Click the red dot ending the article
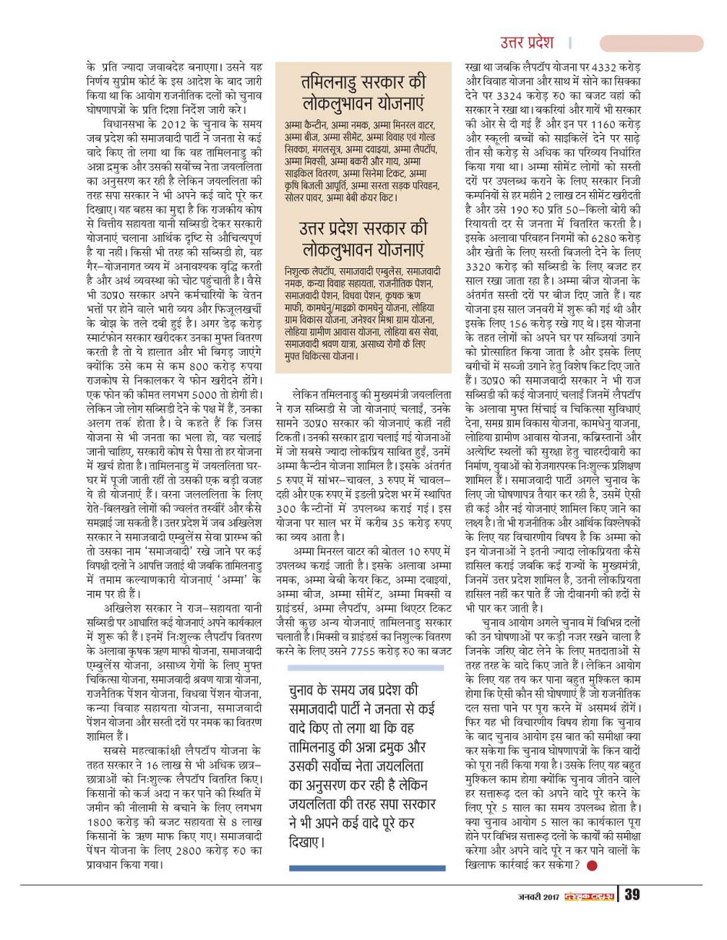click(x=592, y=865)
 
